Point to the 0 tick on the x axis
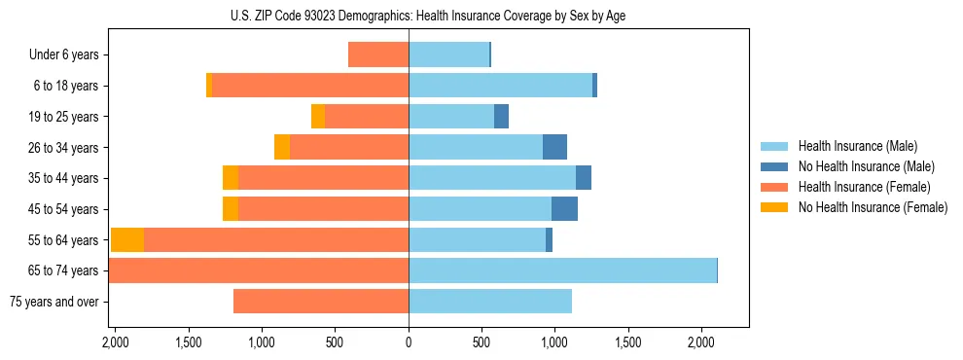(409, 342)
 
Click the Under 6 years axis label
(63, 55)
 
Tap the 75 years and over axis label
(53, 302)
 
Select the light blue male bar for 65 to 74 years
(562, 270)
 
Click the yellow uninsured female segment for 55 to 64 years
(127, 240)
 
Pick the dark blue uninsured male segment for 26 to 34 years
(554, 148)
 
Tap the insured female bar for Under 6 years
(378, 55)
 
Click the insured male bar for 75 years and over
(490, 302)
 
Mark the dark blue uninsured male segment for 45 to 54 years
(564, 209)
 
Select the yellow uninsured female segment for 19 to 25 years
(318, 117)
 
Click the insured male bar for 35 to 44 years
(492, 178)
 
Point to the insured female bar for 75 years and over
(321, 302)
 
